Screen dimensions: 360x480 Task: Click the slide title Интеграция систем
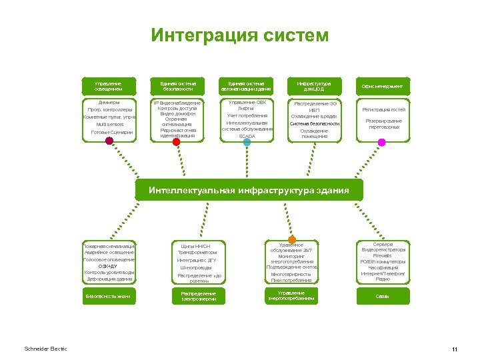click(x=239, y=35)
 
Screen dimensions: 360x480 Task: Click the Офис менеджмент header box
click(x=382, y=86)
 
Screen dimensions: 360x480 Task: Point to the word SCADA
click(x=247, y=136)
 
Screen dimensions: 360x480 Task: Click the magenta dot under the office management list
click(x=382, y=142)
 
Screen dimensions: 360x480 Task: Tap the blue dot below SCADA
click(x=247, y=142)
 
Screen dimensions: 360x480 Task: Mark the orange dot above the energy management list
click(x=292, y=239)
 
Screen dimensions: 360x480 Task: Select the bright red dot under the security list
click(x=177, y=141)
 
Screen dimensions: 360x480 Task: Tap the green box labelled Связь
click(x=382, y=295)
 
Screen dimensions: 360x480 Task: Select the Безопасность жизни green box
click(x=108, y=295)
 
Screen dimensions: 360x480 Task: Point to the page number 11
click(x=453, y=350)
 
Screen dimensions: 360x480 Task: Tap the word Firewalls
click(x=382, y=255)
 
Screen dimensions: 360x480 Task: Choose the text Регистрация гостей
click(x=383, y=109)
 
